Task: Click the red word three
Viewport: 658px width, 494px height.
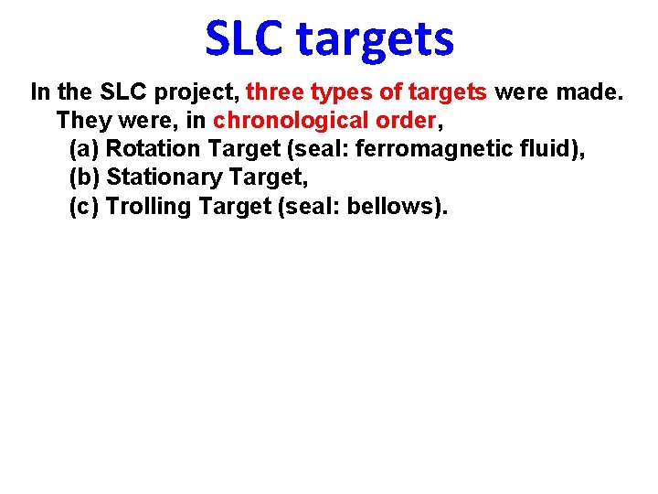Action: pos(275,92)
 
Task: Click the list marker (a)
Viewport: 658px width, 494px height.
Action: pos(85,149)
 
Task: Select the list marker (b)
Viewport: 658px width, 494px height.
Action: pos(85,177)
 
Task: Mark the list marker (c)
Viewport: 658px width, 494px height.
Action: pos(85,206)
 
